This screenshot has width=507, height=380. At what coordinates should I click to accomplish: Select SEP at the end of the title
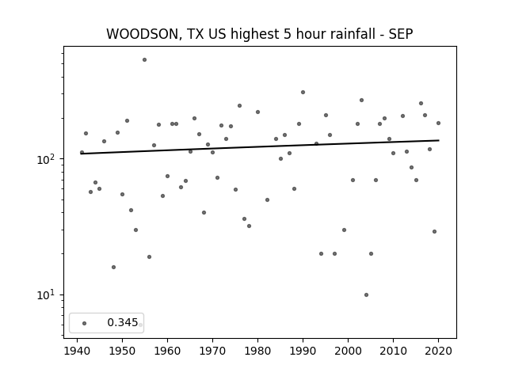point(401,34)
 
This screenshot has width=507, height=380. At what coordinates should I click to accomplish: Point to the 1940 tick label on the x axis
point(77,351)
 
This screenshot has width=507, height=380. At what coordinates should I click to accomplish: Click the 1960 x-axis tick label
point(167,351)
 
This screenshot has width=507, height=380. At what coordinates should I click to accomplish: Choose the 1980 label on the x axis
point(257,351)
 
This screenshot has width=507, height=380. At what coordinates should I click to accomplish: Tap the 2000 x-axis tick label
point(348,351)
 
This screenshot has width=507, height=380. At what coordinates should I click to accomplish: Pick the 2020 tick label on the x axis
point(438,351)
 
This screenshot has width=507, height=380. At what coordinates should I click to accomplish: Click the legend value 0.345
point(123,322)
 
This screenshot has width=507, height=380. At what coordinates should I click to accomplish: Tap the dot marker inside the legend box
point(85,323)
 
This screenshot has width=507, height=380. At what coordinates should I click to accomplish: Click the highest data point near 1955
point(144,60)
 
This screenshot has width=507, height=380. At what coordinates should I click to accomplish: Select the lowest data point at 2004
point(366,294)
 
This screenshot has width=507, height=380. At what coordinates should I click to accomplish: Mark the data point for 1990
point(303,92)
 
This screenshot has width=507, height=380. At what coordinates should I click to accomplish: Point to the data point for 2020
point(438,123)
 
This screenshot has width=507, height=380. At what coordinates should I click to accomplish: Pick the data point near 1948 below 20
point(113,268)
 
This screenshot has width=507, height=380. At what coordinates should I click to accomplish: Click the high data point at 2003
point(361,101)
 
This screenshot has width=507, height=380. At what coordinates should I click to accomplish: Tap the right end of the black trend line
point(439,140)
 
